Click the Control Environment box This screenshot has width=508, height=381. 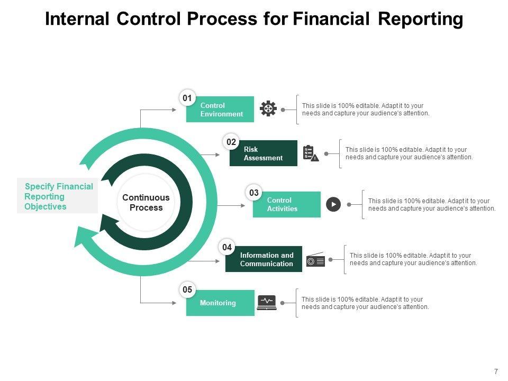(x=220, y=109)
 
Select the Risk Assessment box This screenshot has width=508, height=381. (x=264, y=153)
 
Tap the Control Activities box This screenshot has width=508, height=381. (x=287, y=204)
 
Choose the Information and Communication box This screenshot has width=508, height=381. (x=264, y=259)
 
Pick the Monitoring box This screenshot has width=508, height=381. (x=220, y=303)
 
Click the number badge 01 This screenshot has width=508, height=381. (x=187, y=98)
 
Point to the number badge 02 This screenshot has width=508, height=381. (x=231, y=142)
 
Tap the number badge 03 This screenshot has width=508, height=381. (x=253, y=193)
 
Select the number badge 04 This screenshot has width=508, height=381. (x=227, y=248)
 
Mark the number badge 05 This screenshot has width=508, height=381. (x=187, y=289)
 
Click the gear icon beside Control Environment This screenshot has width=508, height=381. (x=268, y=108)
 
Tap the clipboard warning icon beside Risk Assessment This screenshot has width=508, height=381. (x=311, y=153)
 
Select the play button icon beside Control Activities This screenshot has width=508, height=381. (x=333, y=204)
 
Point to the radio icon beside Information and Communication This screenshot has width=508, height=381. (x=315, y=259)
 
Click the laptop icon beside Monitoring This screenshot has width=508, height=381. (x=267, y=303)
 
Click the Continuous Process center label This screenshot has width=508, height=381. (x=146, y=203)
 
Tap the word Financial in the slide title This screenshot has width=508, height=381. (x=331, y=19)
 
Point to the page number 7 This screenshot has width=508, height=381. (x=496, y=371)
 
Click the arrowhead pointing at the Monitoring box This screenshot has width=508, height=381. (x=174, y=303)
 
